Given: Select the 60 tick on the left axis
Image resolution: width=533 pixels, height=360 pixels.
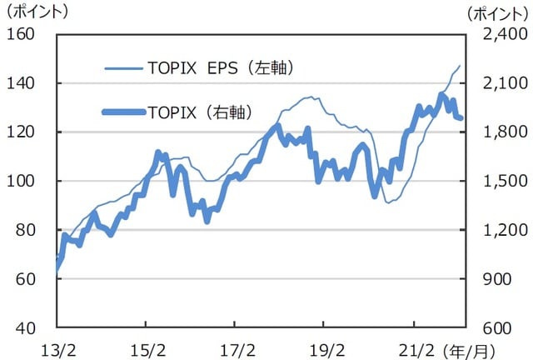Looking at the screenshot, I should (x=26, y=278).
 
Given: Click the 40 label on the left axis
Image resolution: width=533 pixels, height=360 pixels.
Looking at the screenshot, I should (x=26, y=327).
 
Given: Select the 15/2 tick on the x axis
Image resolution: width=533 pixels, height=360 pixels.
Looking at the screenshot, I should (x=146, y=345).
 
